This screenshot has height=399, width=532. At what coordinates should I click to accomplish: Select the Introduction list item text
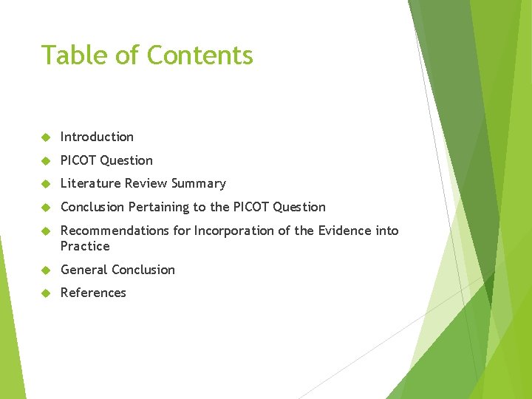(97, 137)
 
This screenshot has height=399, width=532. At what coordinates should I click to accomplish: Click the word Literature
(91, 183)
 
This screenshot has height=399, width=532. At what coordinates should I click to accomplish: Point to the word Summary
(199, 183)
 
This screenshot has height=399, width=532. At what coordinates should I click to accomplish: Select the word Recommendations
(113, 231)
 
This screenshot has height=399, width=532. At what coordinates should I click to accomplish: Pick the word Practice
(85, 246)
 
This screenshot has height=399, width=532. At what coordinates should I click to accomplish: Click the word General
(83, 270)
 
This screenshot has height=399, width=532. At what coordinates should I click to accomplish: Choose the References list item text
(93, 293)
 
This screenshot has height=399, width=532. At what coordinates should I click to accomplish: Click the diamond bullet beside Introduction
(46, 137)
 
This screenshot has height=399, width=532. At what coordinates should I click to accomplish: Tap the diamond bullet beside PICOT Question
(46, 161)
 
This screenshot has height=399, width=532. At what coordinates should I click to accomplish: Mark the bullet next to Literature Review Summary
(46, 184)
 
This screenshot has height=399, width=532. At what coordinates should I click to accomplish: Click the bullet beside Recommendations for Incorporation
(46, 231)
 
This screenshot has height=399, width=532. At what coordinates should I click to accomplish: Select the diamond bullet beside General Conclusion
(46, 270)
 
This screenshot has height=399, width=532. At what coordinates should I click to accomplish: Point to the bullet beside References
(46, 293)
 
